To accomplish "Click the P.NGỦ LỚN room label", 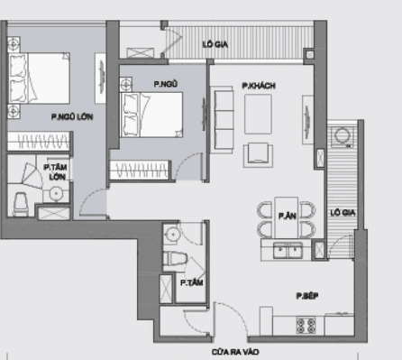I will click(x=73, y=117).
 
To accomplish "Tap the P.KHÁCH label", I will click(x=258, y=86).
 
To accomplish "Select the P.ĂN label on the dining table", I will click(x=288, y=217).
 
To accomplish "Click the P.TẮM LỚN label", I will click(x=55, y=171).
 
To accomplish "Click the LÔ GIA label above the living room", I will click(x=215, y=44).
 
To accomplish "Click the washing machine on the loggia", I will click(x=342, y=137).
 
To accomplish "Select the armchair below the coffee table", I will click(x=259, y=152).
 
